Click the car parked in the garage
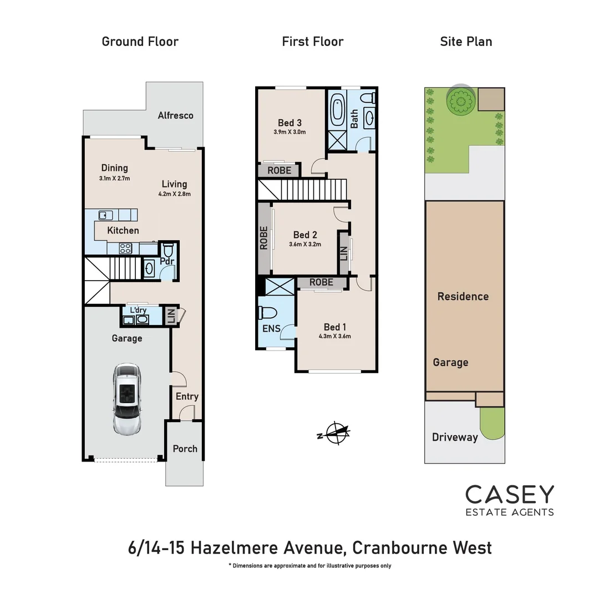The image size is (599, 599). click(127, 398)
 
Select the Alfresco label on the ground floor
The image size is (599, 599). click(175, 115)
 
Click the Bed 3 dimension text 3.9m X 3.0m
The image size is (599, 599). click(290, 133)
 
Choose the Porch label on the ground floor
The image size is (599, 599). click(185, 449)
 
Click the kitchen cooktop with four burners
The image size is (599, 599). click(125, 248)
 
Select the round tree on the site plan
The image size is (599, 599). click(460, 100)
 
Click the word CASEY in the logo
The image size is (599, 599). click(509, 494)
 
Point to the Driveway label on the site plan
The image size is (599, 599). click(455, 437)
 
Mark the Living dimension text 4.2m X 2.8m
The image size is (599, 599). click(174, 195)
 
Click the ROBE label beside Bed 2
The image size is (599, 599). click(264, 237)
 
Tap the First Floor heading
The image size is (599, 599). click(313, 42)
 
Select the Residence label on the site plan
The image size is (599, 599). click(463, 296)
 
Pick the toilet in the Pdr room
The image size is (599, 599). click(169, 248)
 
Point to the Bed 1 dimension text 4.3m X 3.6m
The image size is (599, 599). click(334, 336)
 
